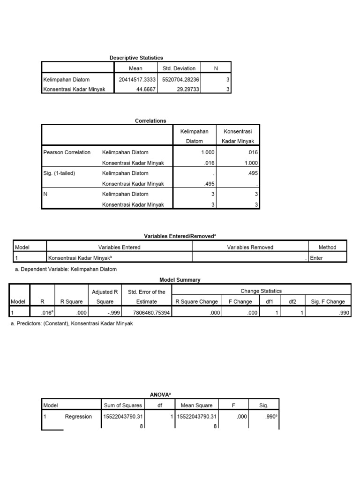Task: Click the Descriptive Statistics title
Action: pyautogui.click(x=136, y=57)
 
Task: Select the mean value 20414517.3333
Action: pyautogui.click(x=137, y=80)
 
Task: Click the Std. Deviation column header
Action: pyautogui.click(x=179, y=68)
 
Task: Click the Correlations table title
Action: pyautogui.click(x=150, y=120)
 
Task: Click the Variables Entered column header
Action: pyautogui.click(x=119, y=247)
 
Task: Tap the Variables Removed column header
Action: pyautogui.click(x=250, y=247)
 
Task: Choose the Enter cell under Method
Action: pyautogui.click(x=316, y=258)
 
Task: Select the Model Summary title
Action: pyautogui.click(x=180, y=280)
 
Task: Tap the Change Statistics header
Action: pyautogui.click(x=261, y=291)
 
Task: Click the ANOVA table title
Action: pyautogui.click(x=159, y=395)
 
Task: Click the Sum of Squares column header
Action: pyautogui.click(x=123, y=405)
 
